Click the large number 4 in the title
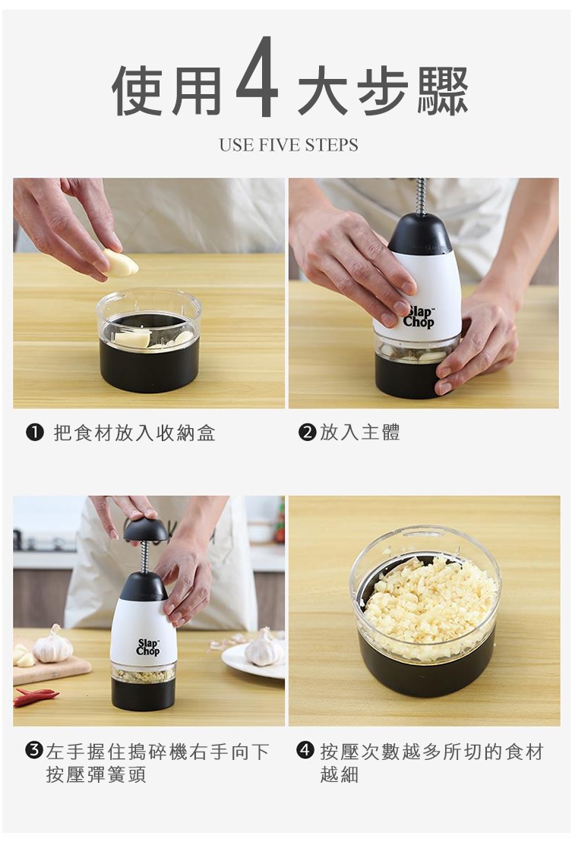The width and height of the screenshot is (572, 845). click(258, 77)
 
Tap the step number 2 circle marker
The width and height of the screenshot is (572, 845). click(307, 432)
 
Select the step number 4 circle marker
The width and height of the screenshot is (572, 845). click(305, 749)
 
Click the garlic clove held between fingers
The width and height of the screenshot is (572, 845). click(121, 263)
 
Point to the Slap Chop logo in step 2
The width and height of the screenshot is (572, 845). click(419, 317)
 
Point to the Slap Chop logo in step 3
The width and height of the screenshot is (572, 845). click(147, 647)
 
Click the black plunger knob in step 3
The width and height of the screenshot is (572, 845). click(146, 530)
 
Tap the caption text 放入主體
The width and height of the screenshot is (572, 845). click(360, 432)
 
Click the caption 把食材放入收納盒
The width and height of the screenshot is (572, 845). click(134, 432)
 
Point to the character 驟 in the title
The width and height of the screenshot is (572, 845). click(443, 90)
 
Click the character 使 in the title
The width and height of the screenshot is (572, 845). click(139, 90)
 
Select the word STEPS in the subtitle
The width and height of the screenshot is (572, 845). click(331, 145)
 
